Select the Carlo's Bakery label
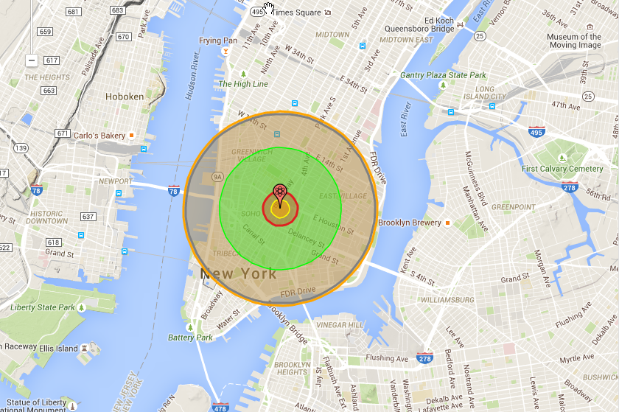click(99, 136)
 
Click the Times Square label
click(297, 13)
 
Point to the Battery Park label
click(190, 338)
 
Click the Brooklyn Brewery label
click(410, 223)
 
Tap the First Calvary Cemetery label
click(562, 169)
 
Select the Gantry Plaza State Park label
click(443, 75)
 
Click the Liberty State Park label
click(43, 307)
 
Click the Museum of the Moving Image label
click(574, 41)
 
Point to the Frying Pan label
click(218, 41)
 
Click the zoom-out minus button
click(31, 60)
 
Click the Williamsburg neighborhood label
click(448, 300)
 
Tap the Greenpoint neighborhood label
click(512, 207)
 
